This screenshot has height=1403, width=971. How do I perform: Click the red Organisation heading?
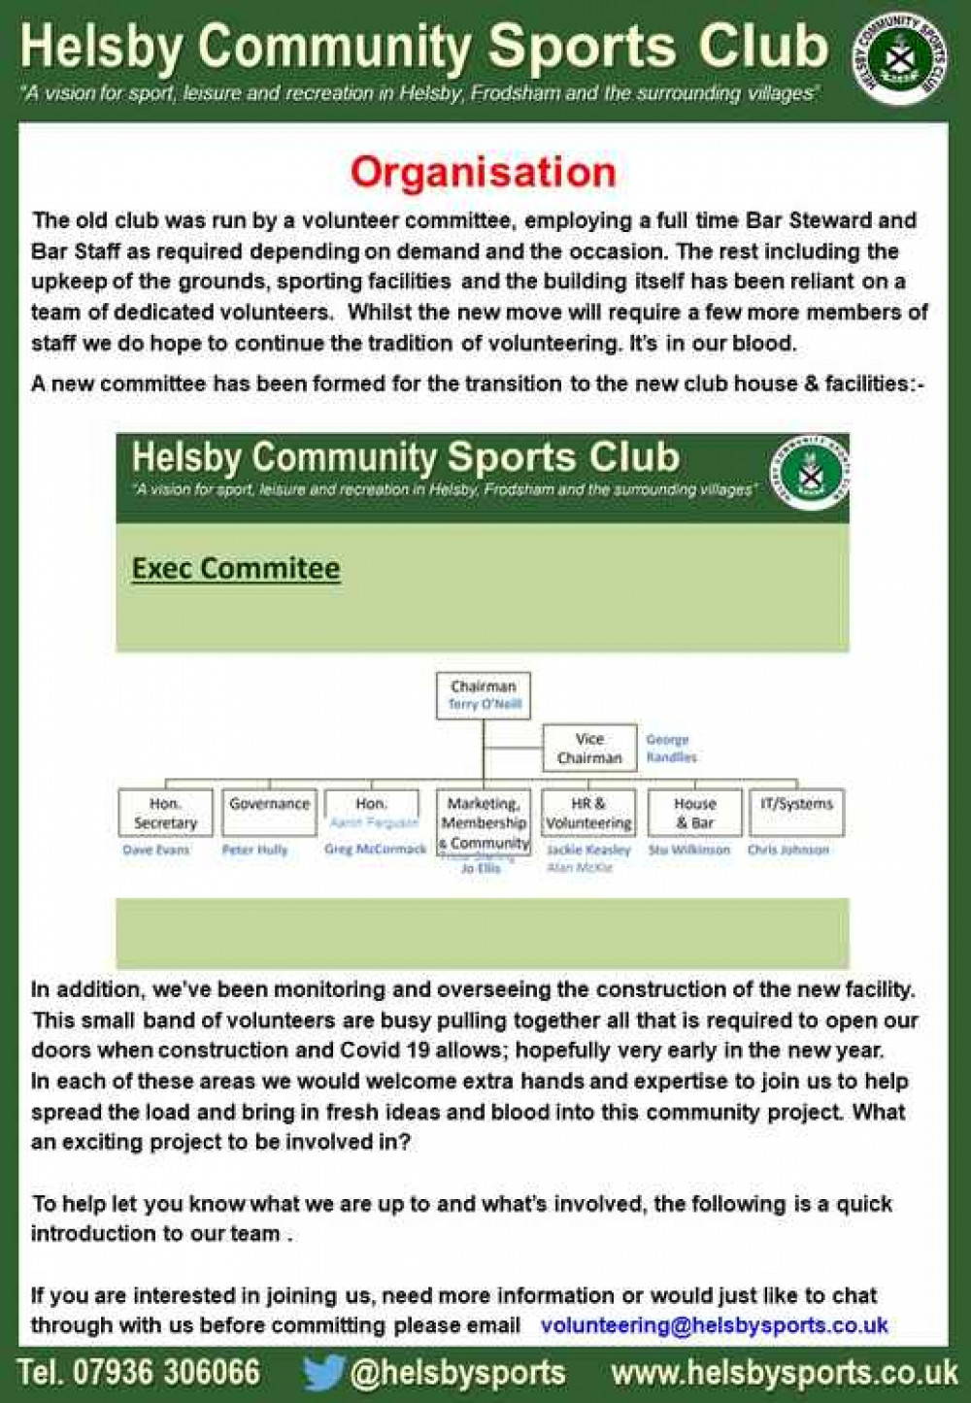(483, 173)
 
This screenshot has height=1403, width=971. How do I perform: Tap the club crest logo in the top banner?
(900, 57)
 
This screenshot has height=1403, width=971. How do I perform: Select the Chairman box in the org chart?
(484, 695)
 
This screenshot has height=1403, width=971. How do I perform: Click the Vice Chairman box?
(589, 749)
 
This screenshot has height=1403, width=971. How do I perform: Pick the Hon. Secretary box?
(165, 813)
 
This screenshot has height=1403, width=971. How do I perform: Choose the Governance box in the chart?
(269, 812)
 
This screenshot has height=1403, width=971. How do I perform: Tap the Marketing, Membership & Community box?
(484, 822)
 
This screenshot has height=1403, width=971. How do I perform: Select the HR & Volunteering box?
(588, 813)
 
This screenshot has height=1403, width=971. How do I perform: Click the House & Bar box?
(694, 813)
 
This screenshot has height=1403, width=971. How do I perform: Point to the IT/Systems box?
(796, 812)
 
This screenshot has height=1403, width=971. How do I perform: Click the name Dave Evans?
(156, 850)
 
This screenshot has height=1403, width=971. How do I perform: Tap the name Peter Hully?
(254, 850)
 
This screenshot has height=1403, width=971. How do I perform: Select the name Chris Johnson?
(787, 850)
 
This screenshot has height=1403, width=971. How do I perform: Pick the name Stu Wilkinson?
(688, 850)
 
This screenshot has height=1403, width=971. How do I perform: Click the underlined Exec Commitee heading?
(236, 568)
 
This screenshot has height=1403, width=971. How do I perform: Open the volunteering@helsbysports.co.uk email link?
(714, 1325)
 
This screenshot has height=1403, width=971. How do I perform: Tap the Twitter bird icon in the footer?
(323, 1373)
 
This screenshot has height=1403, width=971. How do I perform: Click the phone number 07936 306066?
(166, 1373)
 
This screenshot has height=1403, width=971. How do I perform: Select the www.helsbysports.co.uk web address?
(785, 1373)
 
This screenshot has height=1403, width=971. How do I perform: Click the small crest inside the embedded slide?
(810, 472)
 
